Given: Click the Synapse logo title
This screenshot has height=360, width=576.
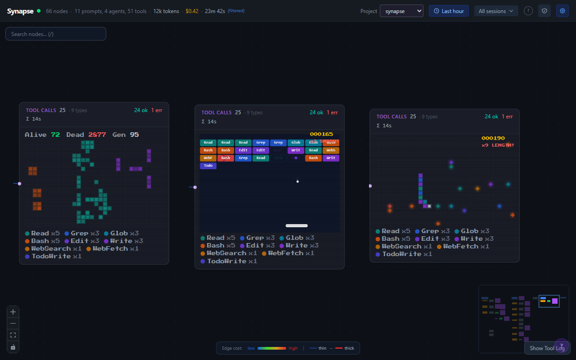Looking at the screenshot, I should tap(20, 11).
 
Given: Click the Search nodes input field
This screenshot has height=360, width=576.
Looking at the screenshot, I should tap(56, 34).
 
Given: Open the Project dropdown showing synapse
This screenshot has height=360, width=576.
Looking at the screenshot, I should tap(401, 11).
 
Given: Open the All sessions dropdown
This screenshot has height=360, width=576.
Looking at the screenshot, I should tap(496, 11).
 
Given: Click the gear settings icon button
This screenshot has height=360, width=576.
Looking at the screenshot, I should tap(562, 11).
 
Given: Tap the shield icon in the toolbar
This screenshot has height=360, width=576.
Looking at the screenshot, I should tap(544, 11).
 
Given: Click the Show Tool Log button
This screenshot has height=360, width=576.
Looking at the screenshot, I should tap(547, 348).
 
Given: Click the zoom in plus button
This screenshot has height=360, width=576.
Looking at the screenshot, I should tap(13, 312).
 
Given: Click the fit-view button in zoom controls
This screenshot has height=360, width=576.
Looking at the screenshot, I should tap(13, 335).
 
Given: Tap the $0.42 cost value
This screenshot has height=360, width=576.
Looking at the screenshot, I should tap(192, 11).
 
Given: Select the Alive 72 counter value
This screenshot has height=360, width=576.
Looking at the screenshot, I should tap(55, 135).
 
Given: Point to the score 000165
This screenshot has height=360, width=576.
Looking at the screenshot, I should tap(321, 134).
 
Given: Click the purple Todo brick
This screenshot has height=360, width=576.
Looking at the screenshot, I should tap(208, 166).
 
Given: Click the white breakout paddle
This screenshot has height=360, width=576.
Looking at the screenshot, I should tap(297, 225).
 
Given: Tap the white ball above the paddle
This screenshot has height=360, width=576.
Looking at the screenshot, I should tap(297, 181).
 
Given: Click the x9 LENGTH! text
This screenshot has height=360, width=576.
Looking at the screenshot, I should tap(498, 145).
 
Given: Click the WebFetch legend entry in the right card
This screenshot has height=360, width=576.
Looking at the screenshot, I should tap(460, 246).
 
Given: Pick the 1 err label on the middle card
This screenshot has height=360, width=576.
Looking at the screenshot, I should tap(332, 112).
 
